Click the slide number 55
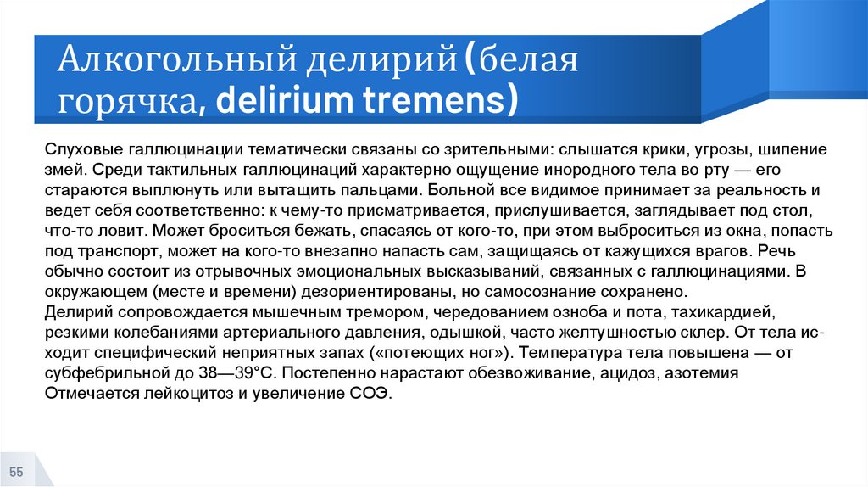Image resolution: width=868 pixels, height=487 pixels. coord(16,472)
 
